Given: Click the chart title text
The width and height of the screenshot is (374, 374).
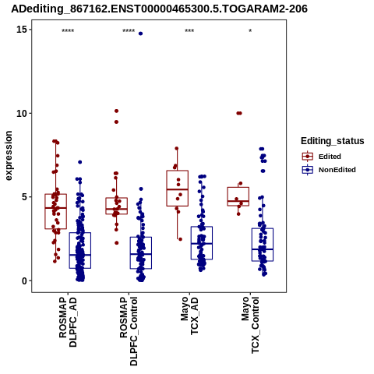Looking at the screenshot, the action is tap(159, 9).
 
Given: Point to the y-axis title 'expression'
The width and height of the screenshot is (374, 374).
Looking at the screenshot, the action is tap(9, 156).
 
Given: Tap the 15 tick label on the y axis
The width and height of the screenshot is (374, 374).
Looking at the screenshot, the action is tap(22, 30).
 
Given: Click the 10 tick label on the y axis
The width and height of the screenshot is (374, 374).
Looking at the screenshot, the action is tap(22, 113).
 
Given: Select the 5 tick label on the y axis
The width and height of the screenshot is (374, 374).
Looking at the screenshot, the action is tap(24, 197).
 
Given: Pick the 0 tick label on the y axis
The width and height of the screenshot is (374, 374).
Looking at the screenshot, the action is tap(24, 280).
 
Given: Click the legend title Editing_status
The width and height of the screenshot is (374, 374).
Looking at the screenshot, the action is tap(333, 141).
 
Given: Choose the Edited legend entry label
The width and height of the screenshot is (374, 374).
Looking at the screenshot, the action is tap(330, 157).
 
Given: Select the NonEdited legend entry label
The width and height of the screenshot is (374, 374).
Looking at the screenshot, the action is tap(337, 170).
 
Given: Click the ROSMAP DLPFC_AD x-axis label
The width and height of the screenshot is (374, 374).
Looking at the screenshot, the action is tap(68, 322).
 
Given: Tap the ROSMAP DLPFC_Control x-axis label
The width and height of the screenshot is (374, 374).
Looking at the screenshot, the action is tap(129, 331).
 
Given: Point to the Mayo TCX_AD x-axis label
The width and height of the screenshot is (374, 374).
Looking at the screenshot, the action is tap(189, 316).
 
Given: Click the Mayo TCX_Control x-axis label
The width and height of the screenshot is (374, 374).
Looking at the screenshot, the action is tap(250, 325).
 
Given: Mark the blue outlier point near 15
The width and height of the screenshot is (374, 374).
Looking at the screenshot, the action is tap(140, 34).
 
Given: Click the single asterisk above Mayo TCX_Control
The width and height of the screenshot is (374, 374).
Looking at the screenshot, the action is tap(250, 31).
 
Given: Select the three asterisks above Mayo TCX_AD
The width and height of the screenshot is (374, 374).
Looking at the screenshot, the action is tap(189, 31).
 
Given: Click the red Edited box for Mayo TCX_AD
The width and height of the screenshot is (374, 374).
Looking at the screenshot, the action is tap(178, 171).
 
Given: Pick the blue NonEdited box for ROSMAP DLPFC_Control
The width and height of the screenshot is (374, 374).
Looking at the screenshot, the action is tap(141, 237).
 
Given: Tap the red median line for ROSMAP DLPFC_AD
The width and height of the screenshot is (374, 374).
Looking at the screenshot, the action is tap(55, 208).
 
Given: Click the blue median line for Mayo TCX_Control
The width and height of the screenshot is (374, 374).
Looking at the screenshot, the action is tap(263, 249).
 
